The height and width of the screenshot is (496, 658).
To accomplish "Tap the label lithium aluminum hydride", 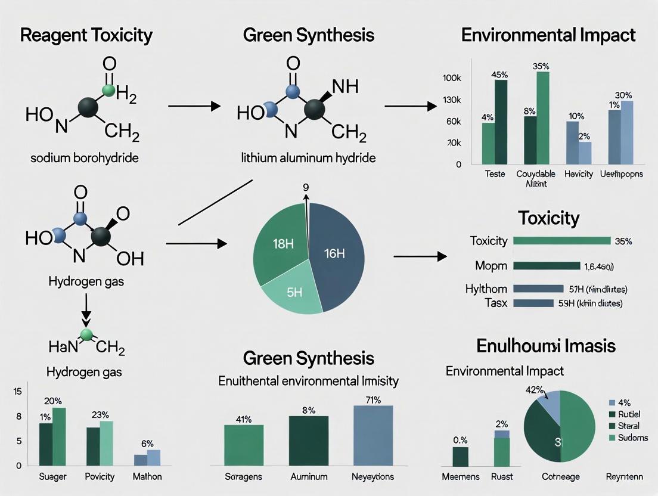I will click(308, 159).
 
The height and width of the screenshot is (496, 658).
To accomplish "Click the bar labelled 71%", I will click(373, 435).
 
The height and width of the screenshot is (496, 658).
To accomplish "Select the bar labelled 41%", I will click(244, 445).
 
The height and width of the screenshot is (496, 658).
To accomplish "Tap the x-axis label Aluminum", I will click(308, 477).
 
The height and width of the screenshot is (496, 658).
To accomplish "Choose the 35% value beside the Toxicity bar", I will click(623, 241).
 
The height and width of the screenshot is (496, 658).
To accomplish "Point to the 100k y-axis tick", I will click(451, 78).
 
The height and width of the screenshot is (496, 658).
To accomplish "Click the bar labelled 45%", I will click(501, 122).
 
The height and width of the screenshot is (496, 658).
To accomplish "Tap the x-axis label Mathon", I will click(147, 477).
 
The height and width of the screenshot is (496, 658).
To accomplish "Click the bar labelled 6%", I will click(153, 457).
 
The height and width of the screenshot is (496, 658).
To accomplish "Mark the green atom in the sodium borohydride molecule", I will click(108, 91).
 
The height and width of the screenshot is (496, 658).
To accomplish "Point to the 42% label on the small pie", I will click(535, 390).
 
